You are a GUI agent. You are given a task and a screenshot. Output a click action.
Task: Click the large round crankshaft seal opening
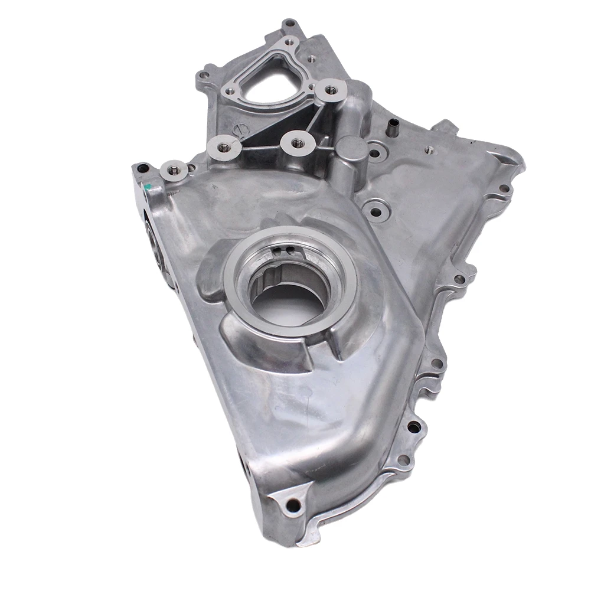[288, 294]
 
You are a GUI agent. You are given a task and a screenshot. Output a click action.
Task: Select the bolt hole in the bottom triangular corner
[290, 505]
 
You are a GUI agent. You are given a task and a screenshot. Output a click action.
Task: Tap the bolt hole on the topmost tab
[289, 24]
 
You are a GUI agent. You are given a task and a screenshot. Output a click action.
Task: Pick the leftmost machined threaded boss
[174, 171]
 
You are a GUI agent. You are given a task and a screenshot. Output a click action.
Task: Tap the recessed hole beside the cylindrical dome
[375, 154]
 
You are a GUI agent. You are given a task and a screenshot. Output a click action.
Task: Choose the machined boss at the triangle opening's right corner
[329, 90]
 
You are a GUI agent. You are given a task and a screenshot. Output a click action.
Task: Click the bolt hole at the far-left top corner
[139, 168]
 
